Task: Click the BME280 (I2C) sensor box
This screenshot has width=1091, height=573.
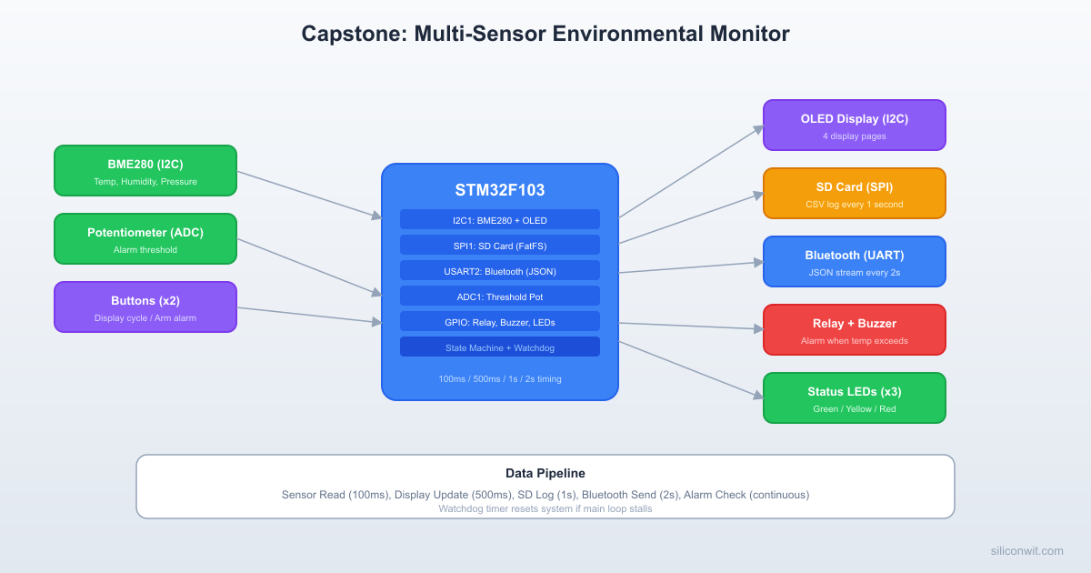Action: (145, 170)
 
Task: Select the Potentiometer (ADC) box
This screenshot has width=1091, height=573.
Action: (145, 238)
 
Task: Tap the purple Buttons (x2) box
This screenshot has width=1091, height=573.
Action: (145, 307)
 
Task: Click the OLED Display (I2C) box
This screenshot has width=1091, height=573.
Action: (854, 125)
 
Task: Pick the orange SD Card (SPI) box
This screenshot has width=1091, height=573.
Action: (854, 193)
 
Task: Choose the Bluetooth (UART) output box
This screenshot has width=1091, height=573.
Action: (854, 261)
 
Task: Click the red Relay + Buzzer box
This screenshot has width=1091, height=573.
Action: (854, 329)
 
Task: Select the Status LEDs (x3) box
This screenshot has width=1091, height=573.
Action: (854, 397)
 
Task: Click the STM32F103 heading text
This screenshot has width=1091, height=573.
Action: (499, 190)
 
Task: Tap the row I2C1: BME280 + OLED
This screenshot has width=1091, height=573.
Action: (499, 219)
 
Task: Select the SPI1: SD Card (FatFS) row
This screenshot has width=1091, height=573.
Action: (499, 245)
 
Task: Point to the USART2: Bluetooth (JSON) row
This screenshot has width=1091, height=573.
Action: (499, 270)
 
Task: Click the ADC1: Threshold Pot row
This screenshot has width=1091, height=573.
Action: (499, 296)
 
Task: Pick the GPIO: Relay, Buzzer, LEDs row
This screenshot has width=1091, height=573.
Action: (499, 321)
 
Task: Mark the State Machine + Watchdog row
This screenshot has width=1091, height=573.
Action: (499, 347)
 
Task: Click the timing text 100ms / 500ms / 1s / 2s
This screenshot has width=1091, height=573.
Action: (499, 378)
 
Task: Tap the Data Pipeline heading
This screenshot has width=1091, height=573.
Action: (545, 473)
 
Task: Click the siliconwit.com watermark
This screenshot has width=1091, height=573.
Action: (1026, 550)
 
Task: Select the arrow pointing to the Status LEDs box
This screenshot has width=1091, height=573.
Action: (691, 369)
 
